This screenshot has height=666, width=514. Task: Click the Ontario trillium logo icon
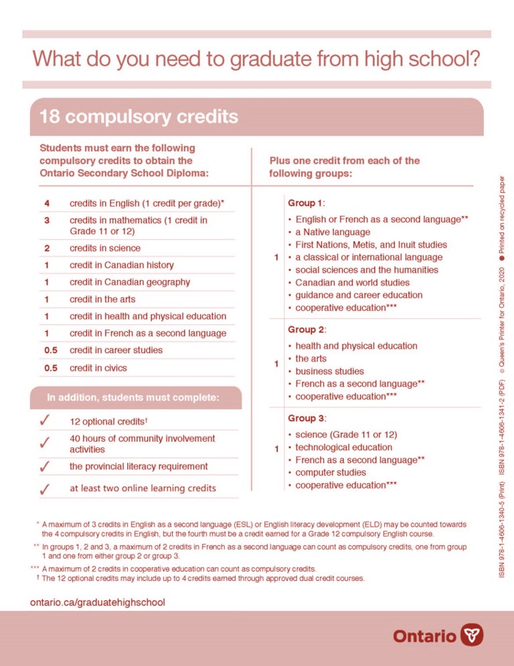[472, 634]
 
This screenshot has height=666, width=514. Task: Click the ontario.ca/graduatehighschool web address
[97, 602]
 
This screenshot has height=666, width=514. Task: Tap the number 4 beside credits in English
[46, 204]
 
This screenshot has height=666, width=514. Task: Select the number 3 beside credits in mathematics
[46, 220]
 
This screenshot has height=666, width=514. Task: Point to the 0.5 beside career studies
[51, 350]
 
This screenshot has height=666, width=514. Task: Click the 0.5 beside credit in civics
[51, 367]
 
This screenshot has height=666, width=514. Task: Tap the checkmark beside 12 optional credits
[45, 422]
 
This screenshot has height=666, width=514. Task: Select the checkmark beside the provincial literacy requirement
[45, 467]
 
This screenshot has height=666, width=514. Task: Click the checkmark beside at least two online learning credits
[45, 489]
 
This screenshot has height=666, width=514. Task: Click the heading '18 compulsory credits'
[138, 116]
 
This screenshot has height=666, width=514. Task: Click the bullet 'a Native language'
[333, 232]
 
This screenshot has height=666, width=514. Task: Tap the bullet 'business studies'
[330, 371]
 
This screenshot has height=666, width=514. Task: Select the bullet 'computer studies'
[331, 472]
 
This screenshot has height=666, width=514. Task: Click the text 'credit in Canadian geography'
[130, 282]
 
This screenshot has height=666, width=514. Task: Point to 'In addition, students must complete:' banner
[133, 397]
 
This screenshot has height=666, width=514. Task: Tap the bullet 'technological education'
[344, 447]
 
